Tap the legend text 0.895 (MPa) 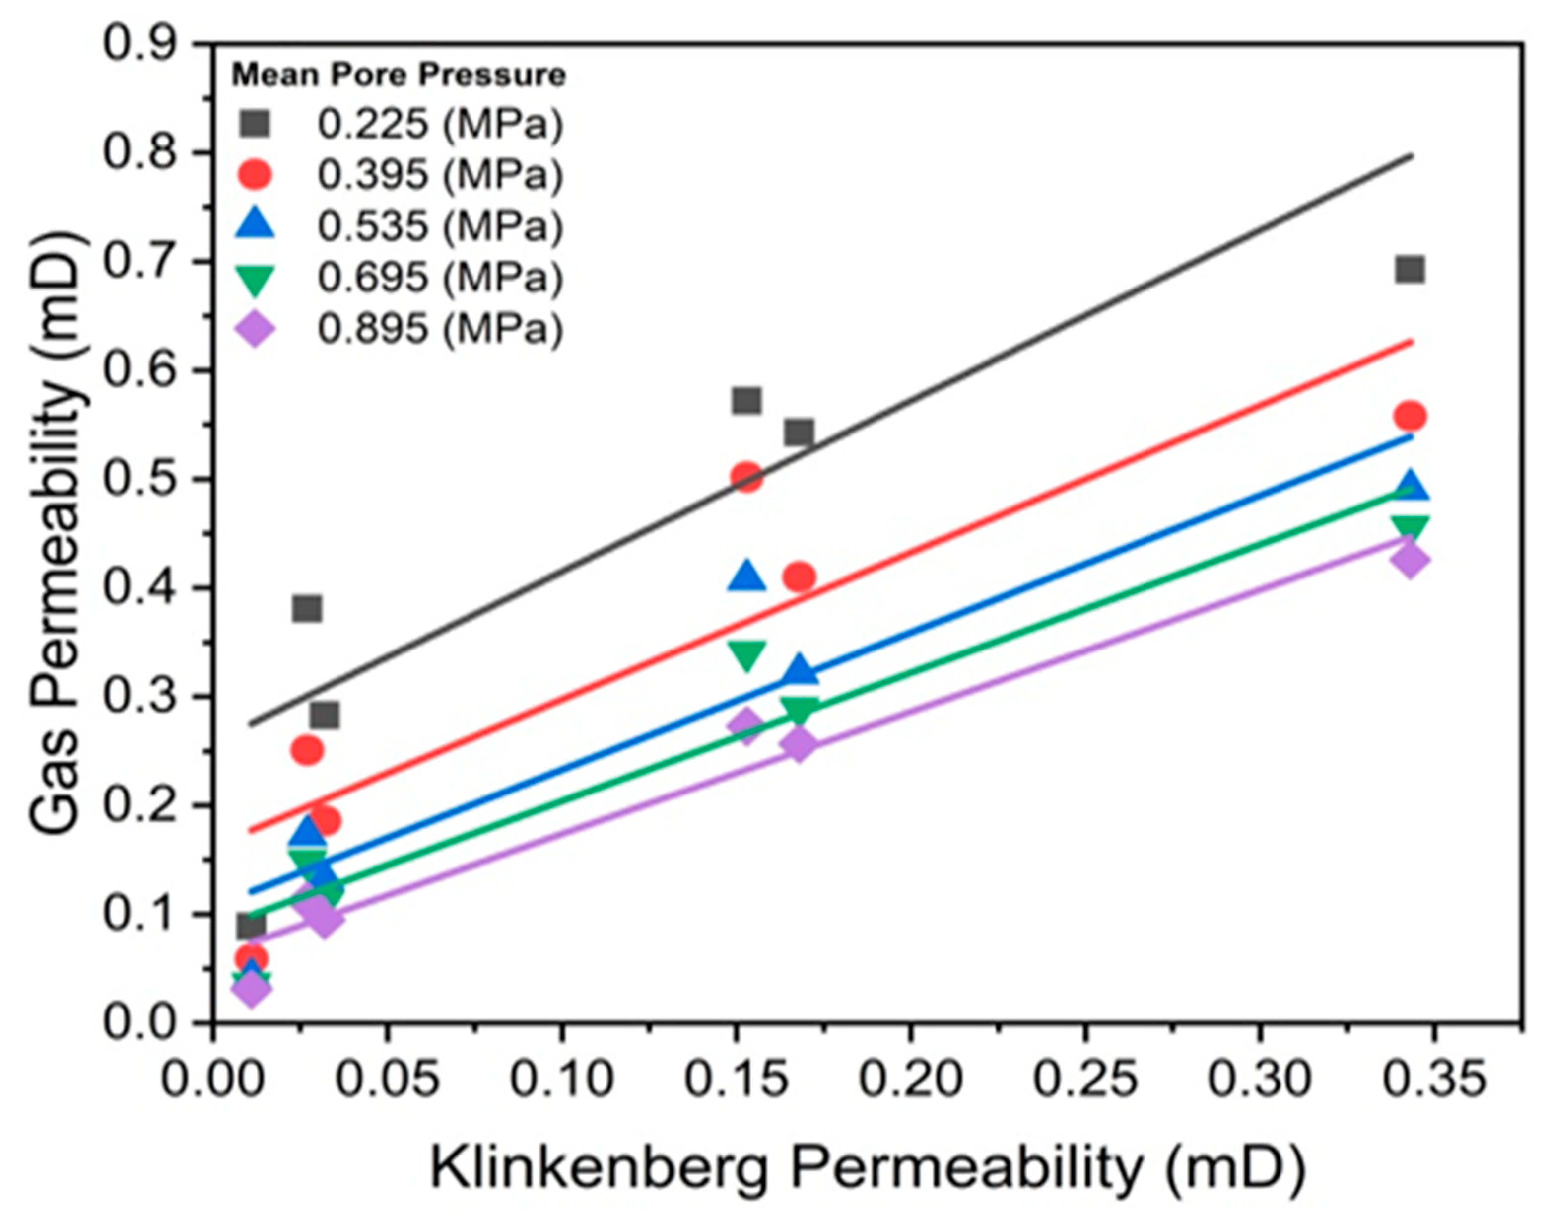click(440, 330)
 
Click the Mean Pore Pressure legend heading click(398, 74)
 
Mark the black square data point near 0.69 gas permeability click(1410, 270)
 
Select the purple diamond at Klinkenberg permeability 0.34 click(1410, 560)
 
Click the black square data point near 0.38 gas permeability click(307, 608)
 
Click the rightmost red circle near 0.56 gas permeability click(1410, 416)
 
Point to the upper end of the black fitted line click(1411, 156)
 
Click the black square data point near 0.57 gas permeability click(747, 400)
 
